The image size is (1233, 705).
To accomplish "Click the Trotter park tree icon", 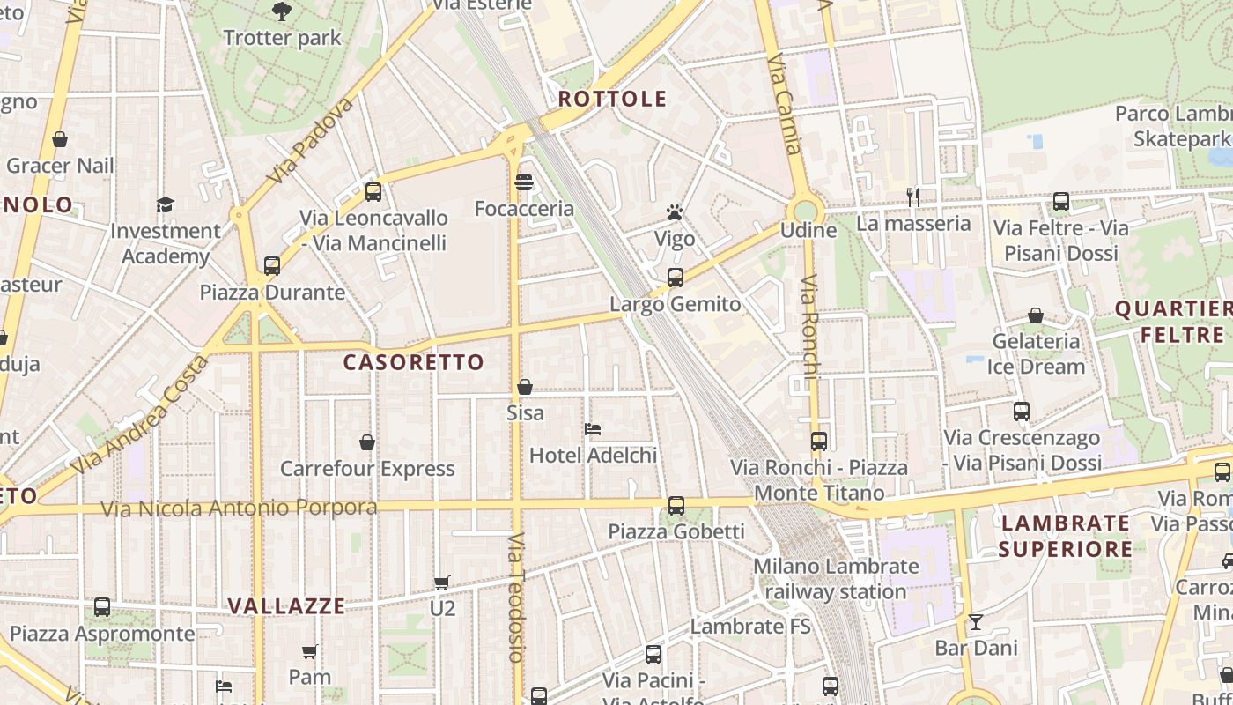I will tap(282, 11).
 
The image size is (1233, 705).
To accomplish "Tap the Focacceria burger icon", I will tap(524, 182).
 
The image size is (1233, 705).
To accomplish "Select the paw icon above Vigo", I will tap(675, 212).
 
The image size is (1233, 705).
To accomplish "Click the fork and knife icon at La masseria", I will tap(913, 197).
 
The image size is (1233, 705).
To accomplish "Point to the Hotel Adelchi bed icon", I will tap(593, 429).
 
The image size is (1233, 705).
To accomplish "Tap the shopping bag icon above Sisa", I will tap(525, 387).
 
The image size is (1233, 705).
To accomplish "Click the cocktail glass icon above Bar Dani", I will tap(976, 622).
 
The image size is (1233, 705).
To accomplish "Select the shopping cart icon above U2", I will tap(442, 583).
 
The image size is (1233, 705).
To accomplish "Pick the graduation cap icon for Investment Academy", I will tap(166, 204).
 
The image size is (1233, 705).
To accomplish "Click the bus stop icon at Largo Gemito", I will tap(676, 278).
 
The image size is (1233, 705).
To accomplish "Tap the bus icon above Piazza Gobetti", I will tap(676, 506).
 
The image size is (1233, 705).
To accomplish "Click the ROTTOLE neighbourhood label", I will tap(613, 99).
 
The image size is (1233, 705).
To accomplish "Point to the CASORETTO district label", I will tap(413, 362).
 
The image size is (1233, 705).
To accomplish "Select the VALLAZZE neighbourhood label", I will tap(286, 606).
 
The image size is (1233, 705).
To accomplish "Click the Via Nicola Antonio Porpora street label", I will tap(239, 508).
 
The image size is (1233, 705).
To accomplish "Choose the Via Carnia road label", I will tap(784, 105).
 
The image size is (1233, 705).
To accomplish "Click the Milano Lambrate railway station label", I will tap(835, 578).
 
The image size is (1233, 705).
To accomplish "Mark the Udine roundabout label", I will tap(808, 230).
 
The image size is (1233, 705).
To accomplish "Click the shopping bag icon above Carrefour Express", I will tap(367, 442).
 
